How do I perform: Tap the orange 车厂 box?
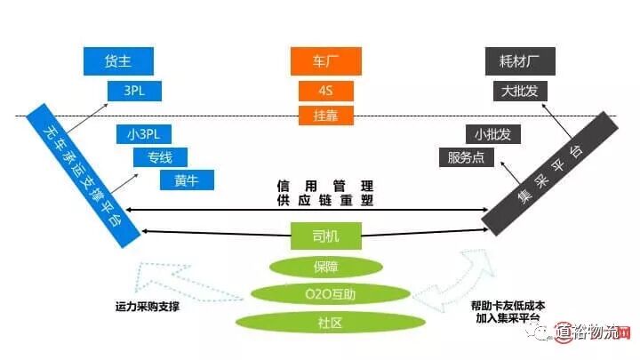click(325, 60)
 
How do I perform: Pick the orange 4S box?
click(325, 91)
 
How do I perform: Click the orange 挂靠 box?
click(325, 115)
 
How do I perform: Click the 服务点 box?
click(467, 158)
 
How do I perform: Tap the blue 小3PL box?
click(143, 135)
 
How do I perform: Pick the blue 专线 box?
click(160, 158)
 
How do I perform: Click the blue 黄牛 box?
click(187, 180)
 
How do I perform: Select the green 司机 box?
click(325, 236)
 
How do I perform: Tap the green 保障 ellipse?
click(325, 266)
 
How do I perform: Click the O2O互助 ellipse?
click(325, 293)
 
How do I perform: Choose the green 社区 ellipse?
click(325, 321)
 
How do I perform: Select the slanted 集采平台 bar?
click(549, 170)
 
